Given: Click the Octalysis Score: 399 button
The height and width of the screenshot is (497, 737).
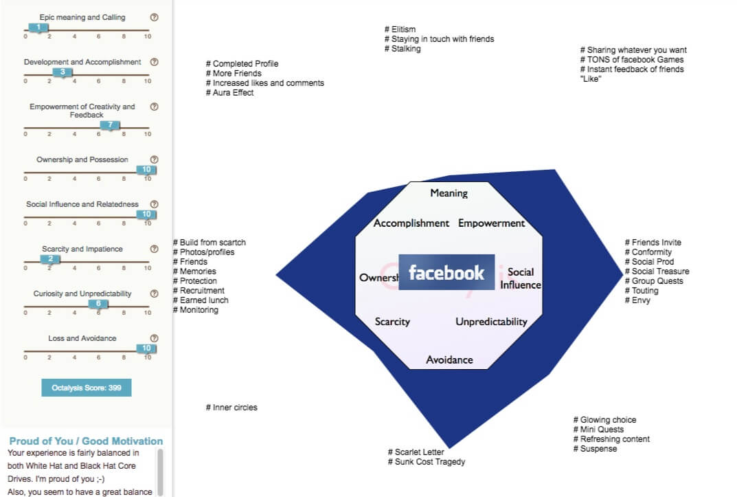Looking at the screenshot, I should (87, 388).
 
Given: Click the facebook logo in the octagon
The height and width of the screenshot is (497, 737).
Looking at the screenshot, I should (446, 273).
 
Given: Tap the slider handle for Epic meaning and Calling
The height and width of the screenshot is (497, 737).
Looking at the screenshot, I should (38, 27).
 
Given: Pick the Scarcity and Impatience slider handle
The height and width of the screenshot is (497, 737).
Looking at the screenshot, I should (50, 258).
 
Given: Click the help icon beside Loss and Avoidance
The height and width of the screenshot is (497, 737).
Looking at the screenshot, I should (154, 338).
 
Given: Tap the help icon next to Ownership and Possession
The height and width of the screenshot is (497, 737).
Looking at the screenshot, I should (154, 159).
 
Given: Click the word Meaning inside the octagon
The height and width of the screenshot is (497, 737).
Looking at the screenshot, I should (449, 193).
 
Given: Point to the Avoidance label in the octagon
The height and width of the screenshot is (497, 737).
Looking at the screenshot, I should (449, 360).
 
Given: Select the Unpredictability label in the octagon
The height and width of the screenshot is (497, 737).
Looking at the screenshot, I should (491, 322).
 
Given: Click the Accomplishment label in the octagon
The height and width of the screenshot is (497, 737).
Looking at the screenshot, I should (411, 223).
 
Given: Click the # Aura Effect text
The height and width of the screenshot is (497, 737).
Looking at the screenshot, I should (229, 93).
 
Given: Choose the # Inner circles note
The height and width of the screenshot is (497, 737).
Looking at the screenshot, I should (231, 408).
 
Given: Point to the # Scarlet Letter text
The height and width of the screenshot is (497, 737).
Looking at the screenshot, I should (416, 452).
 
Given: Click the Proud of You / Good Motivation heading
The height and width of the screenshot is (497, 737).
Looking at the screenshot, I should (86, 441).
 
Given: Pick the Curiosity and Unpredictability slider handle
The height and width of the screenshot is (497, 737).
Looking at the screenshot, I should (98, 303).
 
